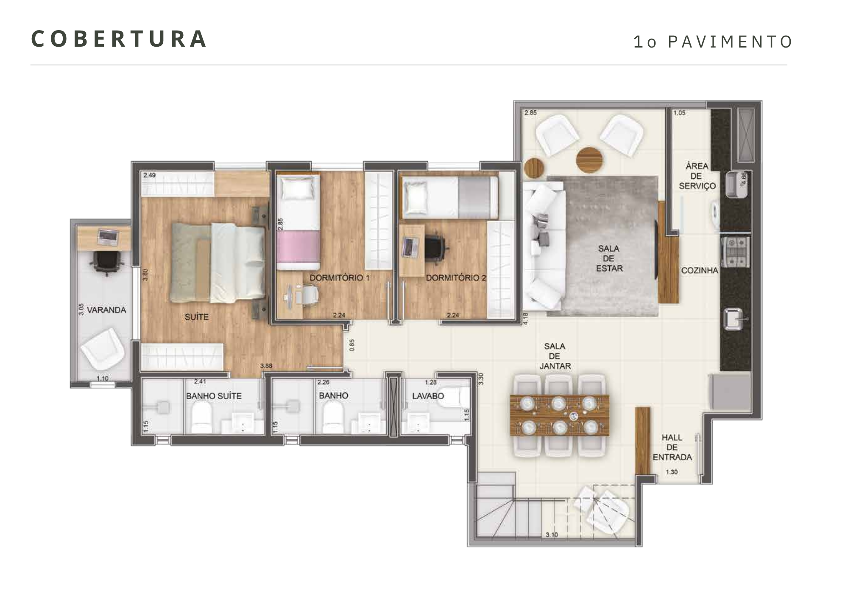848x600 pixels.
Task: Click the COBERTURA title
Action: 119,39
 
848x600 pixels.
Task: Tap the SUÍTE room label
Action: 197,317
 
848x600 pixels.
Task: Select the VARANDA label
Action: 106,310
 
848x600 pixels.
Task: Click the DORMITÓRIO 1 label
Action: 340,278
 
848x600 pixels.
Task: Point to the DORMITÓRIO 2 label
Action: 456,278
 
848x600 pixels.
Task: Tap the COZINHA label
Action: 700,270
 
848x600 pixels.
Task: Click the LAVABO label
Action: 428,396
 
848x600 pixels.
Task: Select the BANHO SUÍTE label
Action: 214,396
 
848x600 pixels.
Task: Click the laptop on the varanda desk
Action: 108,237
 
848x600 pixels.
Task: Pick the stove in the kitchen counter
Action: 735,252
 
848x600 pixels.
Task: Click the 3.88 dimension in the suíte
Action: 266,366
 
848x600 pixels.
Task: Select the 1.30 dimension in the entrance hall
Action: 672,472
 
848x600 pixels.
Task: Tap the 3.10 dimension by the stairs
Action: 552,535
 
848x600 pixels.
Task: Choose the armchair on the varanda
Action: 103,350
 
